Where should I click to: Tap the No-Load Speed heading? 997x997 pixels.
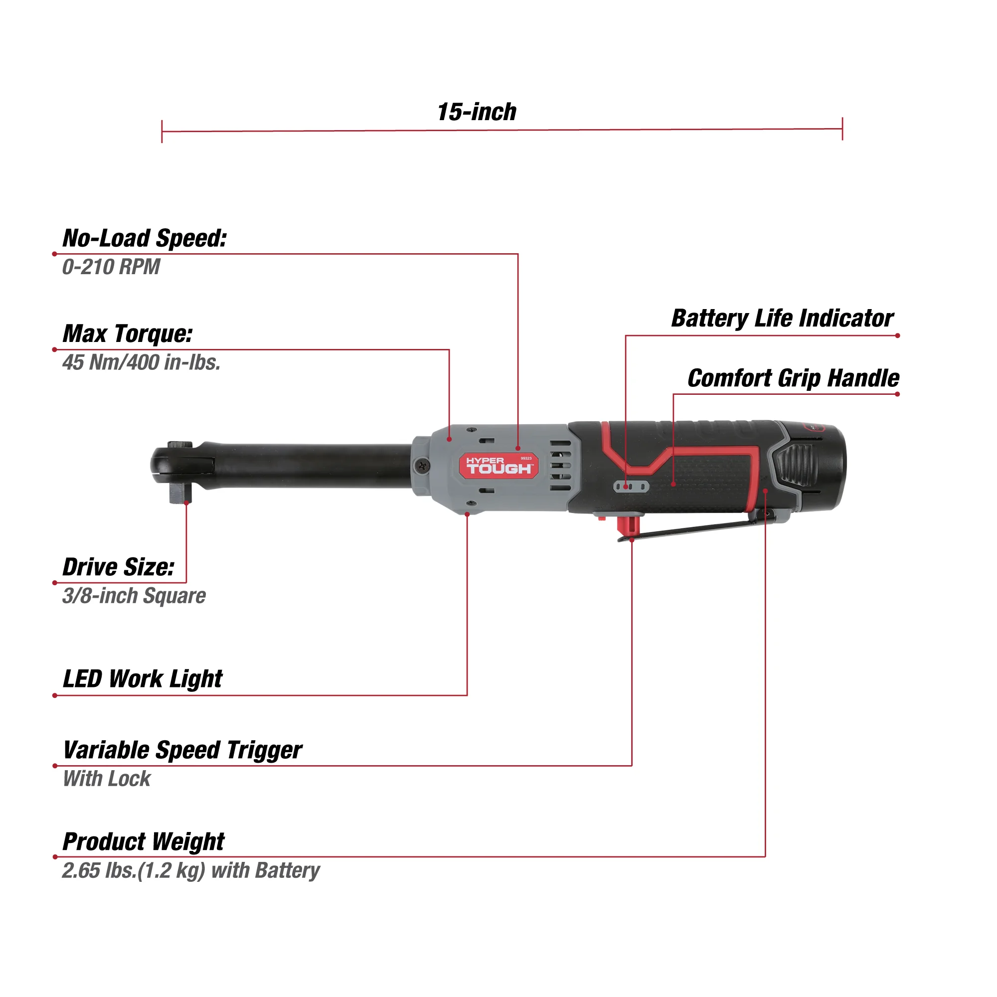tap(145, 238)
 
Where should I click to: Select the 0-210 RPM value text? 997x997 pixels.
tap(111, 267)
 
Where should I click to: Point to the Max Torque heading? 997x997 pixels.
tap(128, 334)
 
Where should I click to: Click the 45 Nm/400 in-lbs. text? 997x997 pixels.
tap(141, 362)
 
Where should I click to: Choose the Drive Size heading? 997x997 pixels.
tap(118, 567)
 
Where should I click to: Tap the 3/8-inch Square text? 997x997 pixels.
tap(134, 596)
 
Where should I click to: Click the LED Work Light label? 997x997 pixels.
tap(143, 678)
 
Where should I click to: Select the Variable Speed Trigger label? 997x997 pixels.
tap(182, 750)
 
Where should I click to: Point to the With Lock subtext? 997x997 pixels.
tap(107, 779)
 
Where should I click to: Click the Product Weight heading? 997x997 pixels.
tap(144, 841)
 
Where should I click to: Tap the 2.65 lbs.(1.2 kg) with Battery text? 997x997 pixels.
tap(190, 870)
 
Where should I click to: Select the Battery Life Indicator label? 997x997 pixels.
tap(782, 319)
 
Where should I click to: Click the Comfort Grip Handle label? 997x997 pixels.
tap(793, 378)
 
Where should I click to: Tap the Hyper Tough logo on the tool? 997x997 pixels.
tap(498, 466)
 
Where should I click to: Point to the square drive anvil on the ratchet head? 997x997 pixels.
tap(180, 495)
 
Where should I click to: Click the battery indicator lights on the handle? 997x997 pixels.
tap(631, 487)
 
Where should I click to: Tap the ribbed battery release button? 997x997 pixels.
tap(795, 466)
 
